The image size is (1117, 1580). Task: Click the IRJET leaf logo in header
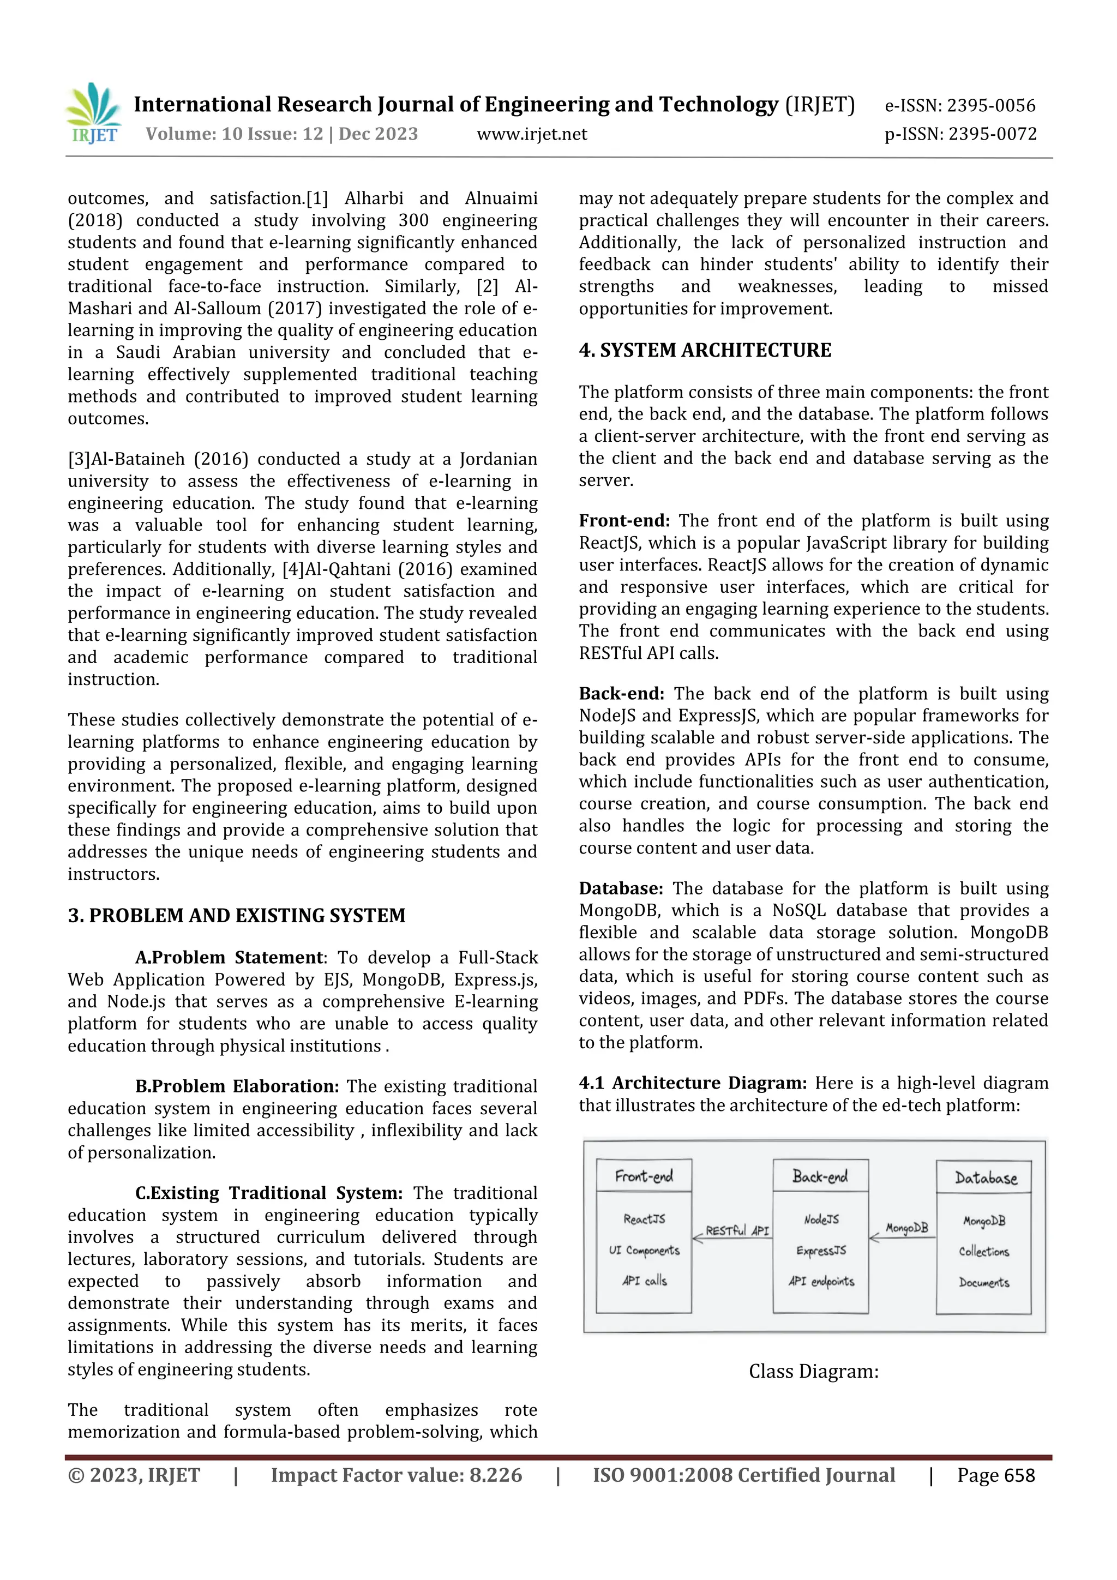coord(94,113)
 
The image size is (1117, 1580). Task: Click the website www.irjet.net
coord(531,134)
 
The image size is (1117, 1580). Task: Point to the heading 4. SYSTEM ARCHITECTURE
coord(705,350)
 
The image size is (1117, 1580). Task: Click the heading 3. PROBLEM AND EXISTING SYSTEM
coord(236,915)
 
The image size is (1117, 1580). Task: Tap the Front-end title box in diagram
coord(644,1175)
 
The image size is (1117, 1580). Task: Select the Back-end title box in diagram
coord(820,1175)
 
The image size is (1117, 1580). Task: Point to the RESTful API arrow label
coord(737,1230)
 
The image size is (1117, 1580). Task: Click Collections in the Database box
coord(983,1251)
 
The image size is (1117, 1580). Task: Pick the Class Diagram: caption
coord(814,1372)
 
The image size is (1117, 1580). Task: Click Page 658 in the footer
coord(995,1475)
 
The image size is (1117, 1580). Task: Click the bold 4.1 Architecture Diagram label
coord(692,1083)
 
